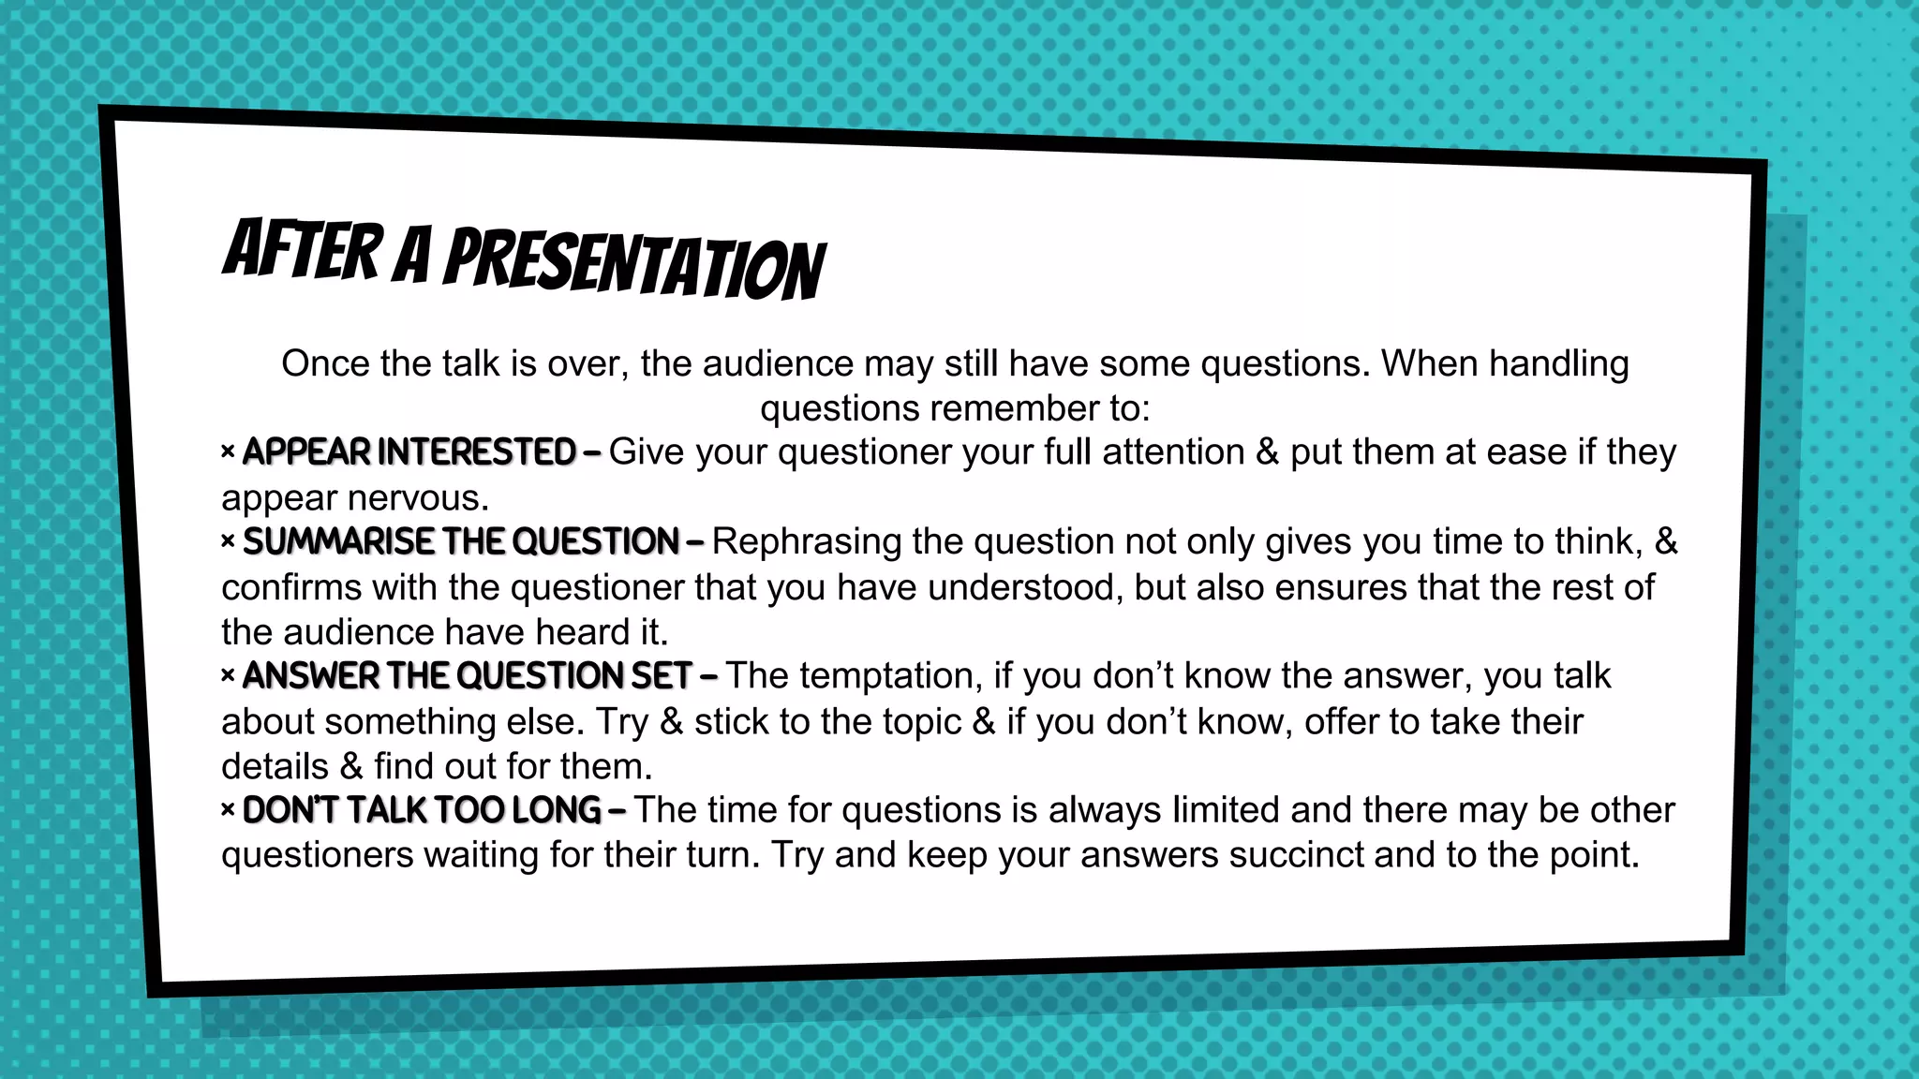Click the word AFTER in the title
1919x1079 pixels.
pyautogui.click(x=303, y=250)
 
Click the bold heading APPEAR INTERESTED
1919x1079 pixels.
pyautogui.click(x=409, y=452)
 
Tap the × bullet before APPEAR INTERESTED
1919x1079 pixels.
pyautogui.click(x=228, y=452)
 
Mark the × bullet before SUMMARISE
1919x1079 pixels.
pyautogui.click(x=228, y=542)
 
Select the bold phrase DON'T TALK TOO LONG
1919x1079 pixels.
pyautogui.click(x=422, y=811)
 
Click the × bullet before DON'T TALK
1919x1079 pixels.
pyautogui.click(x=228, y=811)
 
